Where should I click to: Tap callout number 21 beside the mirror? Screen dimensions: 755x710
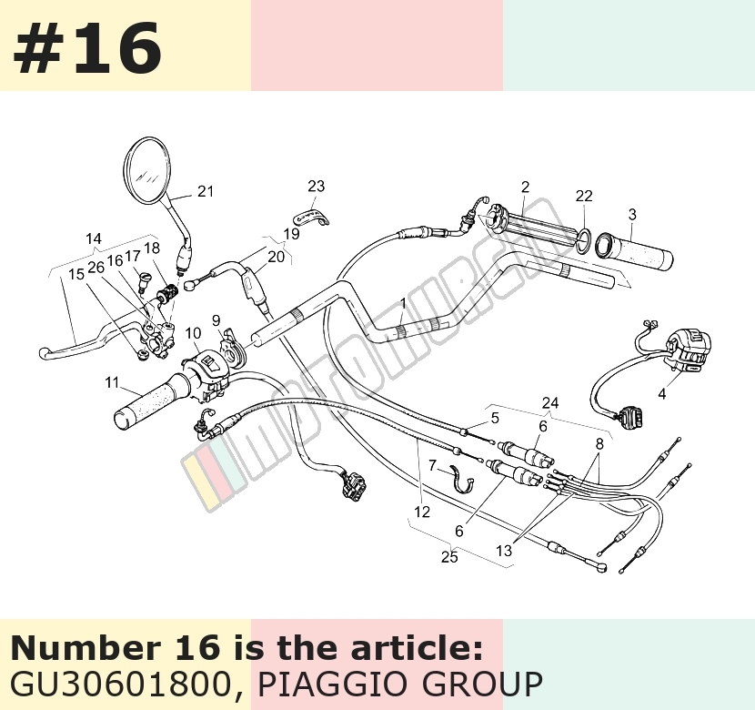click(206, 191)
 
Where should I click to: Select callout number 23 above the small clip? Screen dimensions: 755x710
click(317, 186)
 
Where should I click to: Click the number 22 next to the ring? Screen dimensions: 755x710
click(584, 196)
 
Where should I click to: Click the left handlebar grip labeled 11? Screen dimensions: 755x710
click(152, 401)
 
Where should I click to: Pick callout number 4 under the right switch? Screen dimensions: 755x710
click(662, 394)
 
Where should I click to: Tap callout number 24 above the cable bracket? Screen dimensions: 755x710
click(550, 402)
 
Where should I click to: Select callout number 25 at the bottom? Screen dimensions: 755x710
click(449, 556)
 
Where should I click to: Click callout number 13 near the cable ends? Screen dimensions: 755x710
click(504, 551)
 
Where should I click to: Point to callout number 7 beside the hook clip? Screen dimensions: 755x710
click(432, 465)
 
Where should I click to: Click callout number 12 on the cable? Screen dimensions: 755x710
click(422, 512)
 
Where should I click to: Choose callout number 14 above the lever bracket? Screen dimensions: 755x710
click(94, 238)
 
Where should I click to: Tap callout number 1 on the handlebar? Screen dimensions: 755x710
click(403, 303)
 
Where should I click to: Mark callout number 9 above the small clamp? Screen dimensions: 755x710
click(216, 320)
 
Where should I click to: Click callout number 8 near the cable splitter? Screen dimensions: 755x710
click(599, 443)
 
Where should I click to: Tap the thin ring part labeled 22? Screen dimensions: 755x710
click(583, 240)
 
